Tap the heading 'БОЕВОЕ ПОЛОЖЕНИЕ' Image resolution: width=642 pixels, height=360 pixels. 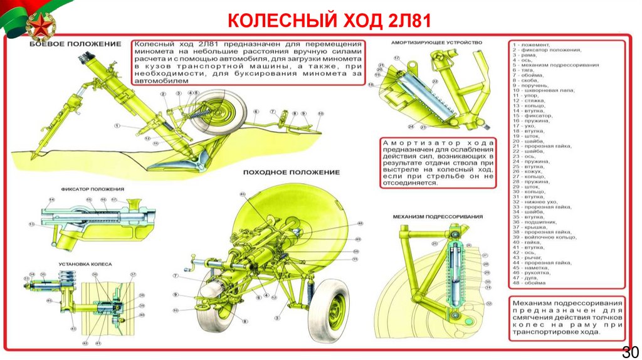75,44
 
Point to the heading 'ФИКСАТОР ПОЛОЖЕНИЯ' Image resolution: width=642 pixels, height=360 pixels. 92,189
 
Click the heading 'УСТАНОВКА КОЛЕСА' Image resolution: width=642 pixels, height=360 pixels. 86,265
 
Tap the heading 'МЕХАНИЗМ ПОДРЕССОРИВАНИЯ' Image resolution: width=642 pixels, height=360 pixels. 438,216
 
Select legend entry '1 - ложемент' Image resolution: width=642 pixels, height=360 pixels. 532,45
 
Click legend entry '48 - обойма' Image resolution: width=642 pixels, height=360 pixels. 529,283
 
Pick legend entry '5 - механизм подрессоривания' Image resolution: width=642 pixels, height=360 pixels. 555,65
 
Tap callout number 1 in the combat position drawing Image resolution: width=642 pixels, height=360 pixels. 117,126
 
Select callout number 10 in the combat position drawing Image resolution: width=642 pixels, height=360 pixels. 320,114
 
